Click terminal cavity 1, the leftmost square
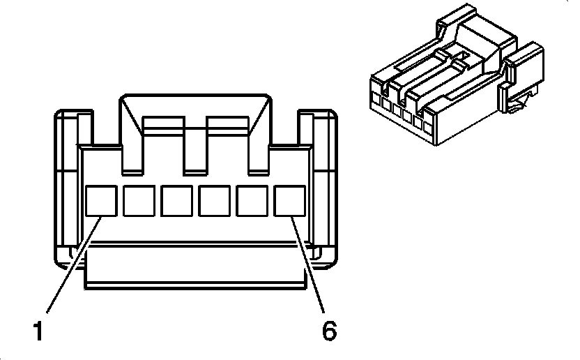[101, 201]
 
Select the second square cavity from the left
[139, 201]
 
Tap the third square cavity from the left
[176, 201]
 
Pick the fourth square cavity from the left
[214, 201]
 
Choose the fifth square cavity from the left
[252, 201]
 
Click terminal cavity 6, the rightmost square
[289, 201]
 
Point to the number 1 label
[38, 331]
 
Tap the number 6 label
[329, 331]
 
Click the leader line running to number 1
[74, 265]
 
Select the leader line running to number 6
[307, 265]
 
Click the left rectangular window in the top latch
[163, 126]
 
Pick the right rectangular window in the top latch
[227, 126]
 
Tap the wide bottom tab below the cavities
[195, 265]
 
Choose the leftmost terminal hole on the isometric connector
[376, 100]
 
